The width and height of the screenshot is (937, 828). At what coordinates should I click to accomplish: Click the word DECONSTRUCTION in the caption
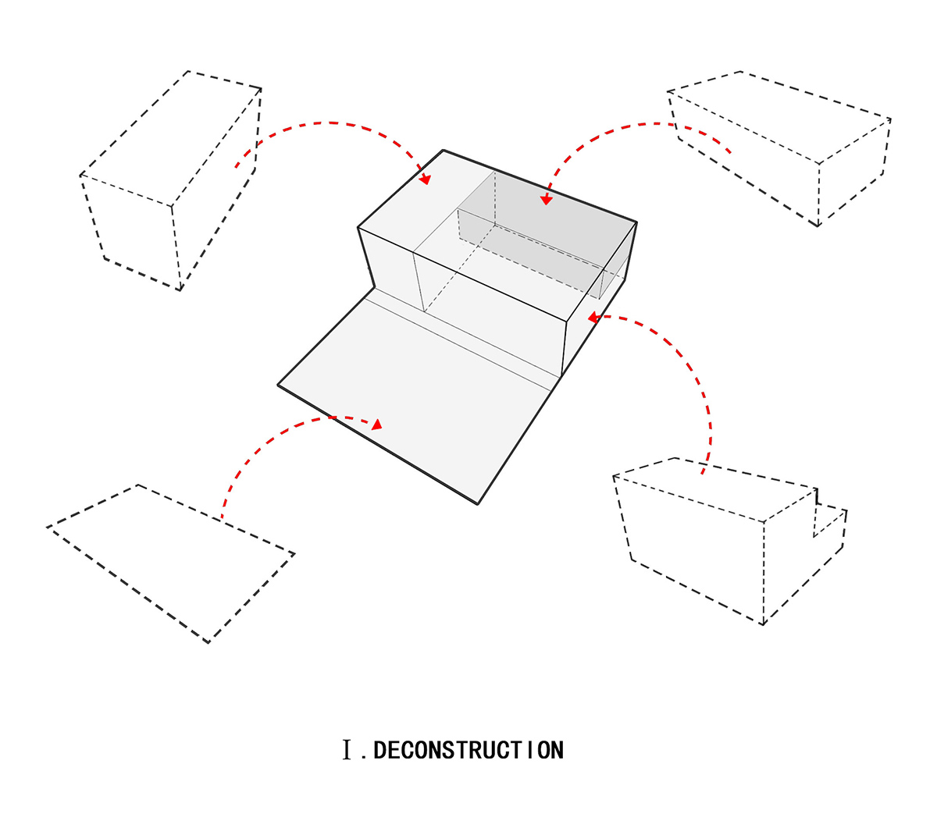pos(468,751)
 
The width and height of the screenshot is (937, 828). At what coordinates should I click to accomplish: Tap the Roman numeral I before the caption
pos(347,751)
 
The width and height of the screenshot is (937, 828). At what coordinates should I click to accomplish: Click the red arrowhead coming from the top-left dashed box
pos(425,179)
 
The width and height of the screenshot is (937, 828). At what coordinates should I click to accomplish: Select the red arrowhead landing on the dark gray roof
pos(547,200)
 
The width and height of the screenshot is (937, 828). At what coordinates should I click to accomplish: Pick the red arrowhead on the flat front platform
pos(377,425)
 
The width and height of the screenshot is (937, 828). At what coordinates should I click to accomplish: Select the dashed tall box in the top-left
pos(172,179)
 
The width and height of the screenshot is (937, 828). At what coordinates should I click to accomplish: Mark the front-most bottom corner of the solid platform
pos(477,503)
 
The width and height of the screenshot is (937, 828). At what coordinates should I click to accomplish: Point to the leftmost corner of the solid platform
pos(279,385)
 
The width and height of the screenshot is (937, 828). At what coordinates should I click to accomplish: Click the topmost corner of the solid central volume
pos(443,150)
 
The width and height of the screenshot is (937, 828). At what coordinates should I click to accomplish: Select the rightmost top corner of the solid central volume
pos(636,222)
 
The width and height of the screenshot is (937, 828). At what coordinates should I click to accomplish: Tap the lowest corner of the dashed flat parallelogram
pos(208,643)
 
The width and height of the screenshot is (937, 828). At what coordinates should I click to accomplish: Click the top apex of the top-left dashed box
pos(187,71)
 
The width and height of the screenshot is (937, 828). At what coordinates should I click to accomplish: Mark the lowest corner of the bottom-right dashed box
pos(763,624)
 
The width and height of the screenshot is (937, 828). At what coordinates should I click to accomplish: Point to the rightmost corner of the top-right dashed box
pos(890,119)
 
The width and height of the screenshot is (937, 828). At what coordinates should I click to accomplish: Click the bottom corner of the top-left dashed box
pos(180,290)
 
